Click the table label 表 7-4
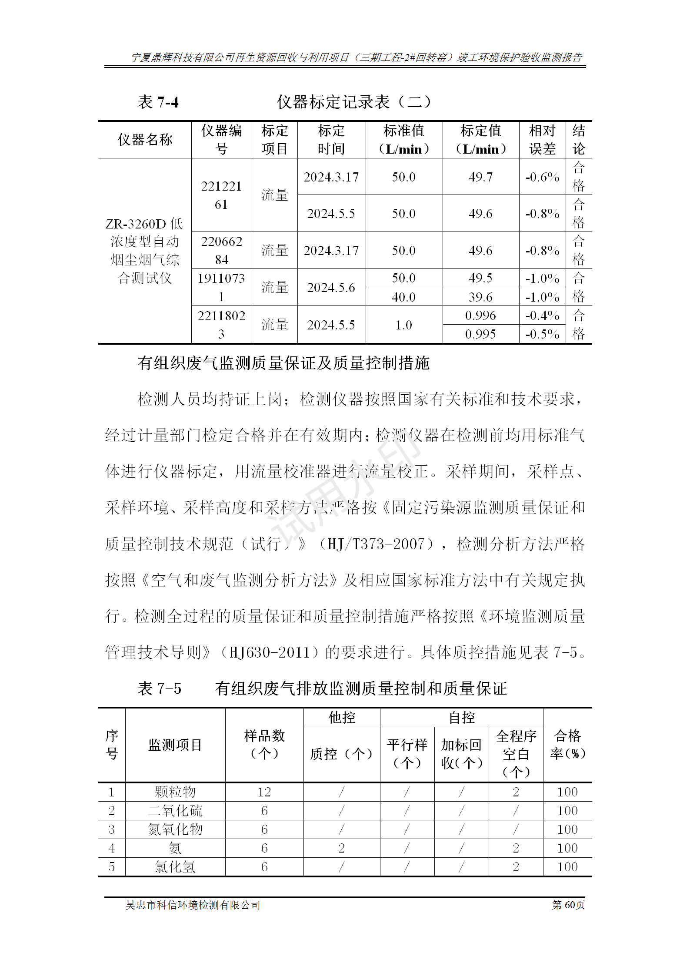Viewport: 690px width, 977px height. (x=158, y=102)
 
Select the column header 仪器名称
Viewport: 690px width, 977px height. (x=145, y=140)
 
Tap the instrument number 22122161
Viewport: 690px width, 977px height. (x=221, y=195)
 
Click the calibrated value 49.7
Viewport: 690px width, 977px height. (x=480, y=177)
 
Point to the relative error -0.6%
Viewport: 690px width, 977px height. (x=542, y=177)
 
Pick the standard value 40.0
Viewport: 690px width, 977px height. (x=403, y=297)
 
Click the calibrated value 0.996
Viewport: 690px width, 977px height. (x=480, y=315)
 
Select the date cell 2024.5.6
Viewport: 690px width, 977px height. (x=331, y=287)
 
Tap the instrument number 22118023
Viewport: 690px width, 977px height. (x=221, y=325)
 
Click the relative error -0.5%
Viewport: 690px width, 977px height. (x=542, y=334)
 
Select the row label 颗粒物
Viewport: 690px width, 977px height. (x=175, y=792)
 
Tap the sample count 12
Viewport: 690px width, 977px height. (x=264, y=792)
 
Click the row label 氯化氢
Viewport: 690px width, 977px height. (x=175, y=866)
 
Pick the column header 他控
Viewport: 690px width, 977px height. (x=342, y=717)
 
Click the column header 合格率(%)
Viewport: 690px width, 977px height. (x=567, y=745)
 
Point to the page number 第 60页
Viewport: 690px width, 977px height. (x=568, y=905)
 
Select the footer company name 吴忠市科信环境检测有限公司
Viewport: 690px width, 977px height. (x=193, y=905)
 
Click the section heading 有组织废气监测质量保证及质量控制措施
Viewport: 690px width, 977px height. (x=283, y=363)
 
